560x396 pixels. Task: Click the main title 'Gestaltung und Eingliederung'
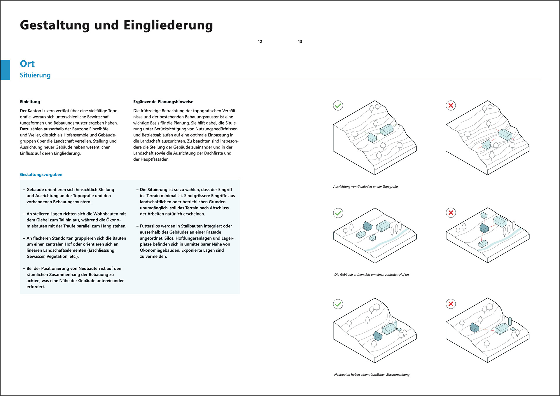(x=116, y=25)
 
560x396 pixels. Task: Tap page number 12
(x=260, y=41)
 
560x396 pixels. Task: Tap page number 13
(x=300, y=41)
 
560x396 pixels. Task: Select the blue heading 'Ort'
(x=27, y=64)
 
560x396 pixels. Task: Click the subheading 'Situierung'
(x=35, y=75)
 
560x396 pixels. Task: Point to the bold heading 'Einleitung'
(x=30, y=102)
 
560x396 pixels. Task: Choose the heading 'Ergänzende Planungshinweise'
(x=163, y=102)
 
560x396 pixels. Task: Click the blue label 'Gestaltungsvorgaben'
(x=41, y=175)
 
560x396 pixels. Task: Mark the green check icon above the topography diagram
(x=338, y=106)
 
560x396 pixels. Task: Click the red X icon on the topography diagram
(x=451, y=106)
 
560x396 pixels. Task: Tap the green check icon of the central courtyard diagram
(x=338, y=213)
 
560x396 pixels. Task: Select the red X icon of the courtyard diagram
(x=451, y=213)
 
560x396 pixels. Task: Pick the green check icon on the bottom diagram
(x=338, y=304)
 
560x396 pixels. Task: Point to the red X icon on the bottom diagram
(x=451, y=304)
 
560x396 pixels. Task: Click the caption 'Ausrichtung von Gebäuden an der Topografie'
(x=365, y=187)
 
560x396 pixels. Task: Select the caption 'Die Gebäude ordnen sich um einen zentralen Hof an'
(x=372, y=275)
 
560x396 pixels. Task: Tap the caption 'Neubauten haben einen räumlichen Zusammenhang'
(x=372, y=375)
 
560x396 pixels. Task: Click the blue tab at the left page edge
(x=5, y=70)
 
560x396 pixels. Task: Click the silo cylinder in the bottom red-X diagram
(x=510, y=321)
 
